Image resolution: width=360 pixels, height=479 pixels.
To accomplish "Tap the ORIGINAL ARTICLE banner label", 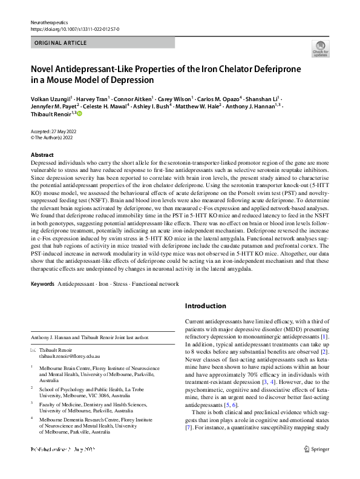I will (61, 43).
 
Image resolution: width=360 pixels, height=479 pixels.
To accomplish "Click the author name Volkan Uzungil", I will (51, 97).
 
